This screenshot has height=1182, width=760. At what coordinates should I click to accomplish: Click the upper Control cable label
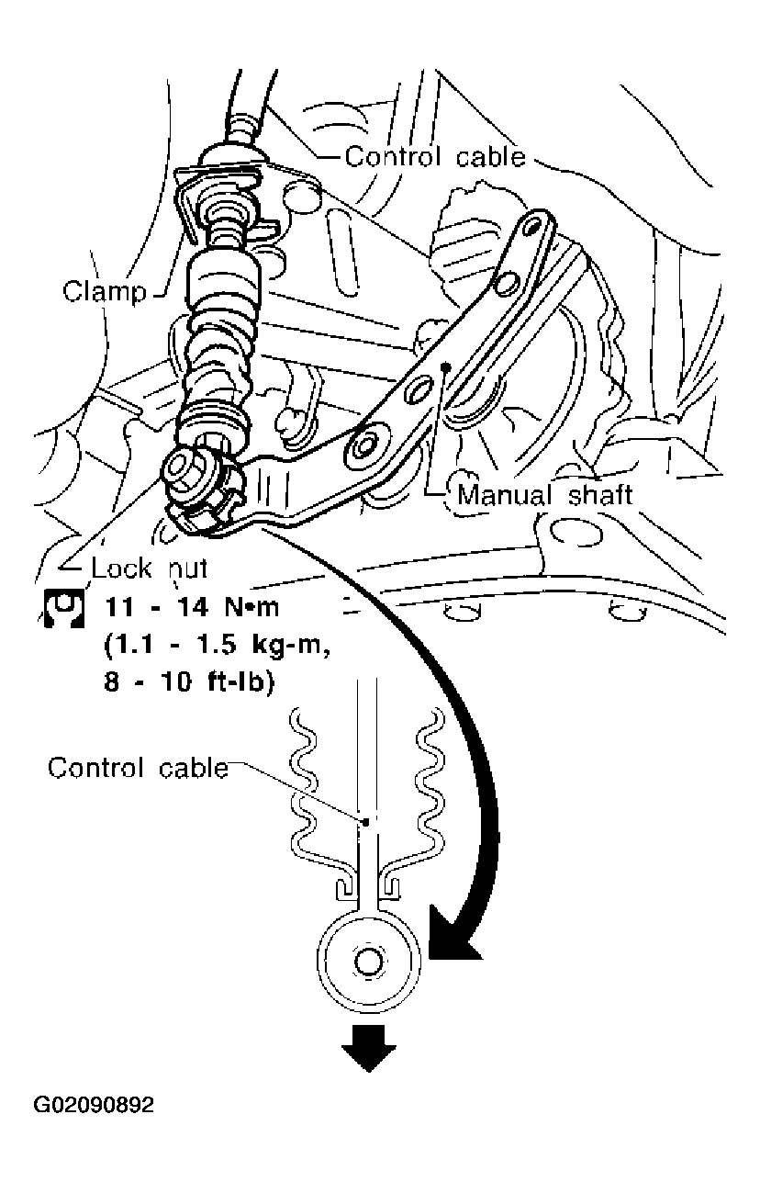(x=434, y=157)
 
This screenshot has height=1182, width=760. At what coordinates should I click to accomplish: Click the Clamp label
(x=104, y=292)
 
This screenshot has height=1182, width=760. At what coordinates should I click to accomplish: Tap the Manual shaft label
(x=544, y=495)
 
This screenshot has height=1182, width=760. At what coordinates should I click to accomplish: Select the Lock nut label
(x=150, y=568)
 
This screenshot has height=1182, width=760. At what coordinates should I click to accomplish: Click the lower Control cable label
(x=138, y=767)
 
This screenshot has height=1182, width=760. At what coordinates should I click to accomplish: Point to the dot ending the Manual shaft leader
(x=445, y=366)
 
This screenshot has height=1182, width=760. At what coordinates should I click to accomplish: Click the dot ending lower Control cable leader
(x=365, y=821)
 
